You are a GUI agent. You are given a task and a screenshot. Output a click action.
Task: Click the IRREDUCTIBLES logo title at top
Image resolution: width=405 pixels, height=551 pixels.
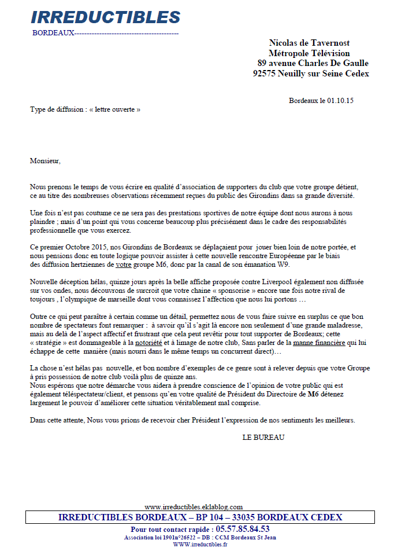pyautogui.click(x=105, y=17)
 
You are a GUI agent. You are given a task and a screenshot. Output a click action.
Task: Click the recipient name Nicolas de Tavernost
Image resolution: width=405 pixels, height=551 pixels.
pyautogui.click(x=309, y=43)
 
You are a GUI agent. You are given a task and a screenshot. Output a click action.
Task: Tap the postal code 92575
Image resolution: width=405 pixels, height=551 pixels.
pyautogui.click(x=266, y=74)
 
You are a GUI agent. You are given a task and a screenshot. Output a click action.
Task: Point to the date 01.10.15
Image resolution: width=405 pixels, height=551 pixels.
pyautogui.click(x=340, y=101)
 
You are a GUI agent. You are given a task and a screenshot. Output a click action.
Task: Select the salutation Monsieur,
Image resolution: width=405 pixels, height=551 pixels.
pyautogui.click(x=45, y=161)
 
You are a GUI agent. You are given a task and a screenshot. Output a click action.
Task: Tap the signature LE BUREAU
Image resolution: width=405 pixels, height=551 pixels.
pyautogui.click(x=263, y=437)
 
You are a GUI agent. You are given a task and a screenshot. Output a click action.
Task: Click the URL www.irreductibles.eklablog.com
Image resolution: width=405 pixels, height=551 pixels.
pyautogui.click(x=194, y=506)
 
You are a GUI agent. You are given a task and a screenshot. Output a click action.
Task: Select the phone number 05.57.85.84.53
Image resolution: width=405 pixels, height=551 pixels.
pyautogui.click(x=241, y=529)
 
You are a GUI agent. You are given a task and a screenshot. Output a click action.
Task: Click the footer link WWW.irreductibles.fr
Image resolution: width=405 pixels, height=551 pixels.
pyautogui.click(x=200, y=545)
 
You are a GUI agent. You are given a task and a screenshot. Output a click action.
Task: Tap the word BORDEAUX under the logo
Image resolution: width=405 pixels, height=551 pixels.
pyautogui.click(x=53, y=33)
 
